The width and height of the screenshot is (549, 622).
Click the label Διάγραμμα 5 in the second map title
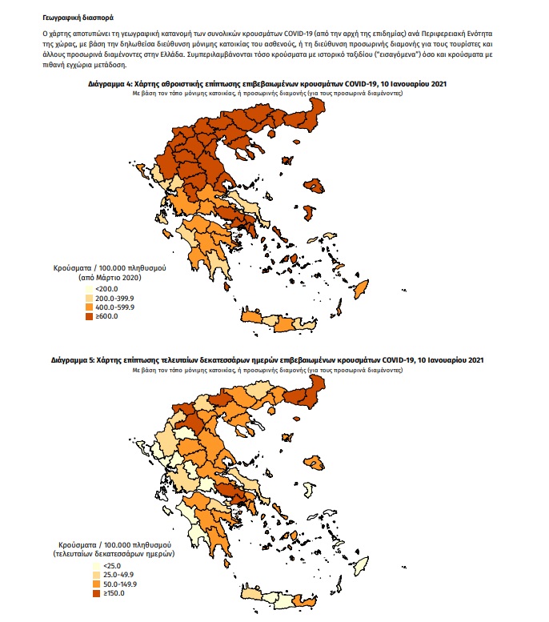[x=70, y=360]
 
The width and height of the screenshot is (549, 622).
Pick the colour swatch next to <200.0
[x=89, y=288]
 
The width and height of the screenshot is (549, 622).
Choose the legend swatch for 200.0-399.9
[x=89, y=297]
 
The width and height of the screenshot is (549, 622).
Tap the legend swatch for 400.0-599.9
[x=89, y=307]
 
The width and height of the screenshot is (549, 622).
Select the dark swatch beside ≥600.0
[x=89, y=316]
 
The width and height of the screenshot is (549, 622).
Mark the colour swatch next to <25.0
[x=89, y=566]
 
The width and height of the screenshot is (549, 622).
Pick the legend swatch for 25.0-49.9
[x=89, y=576]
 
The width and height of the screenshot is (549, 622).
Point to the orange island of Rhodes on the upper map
[x=362, y=288]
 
